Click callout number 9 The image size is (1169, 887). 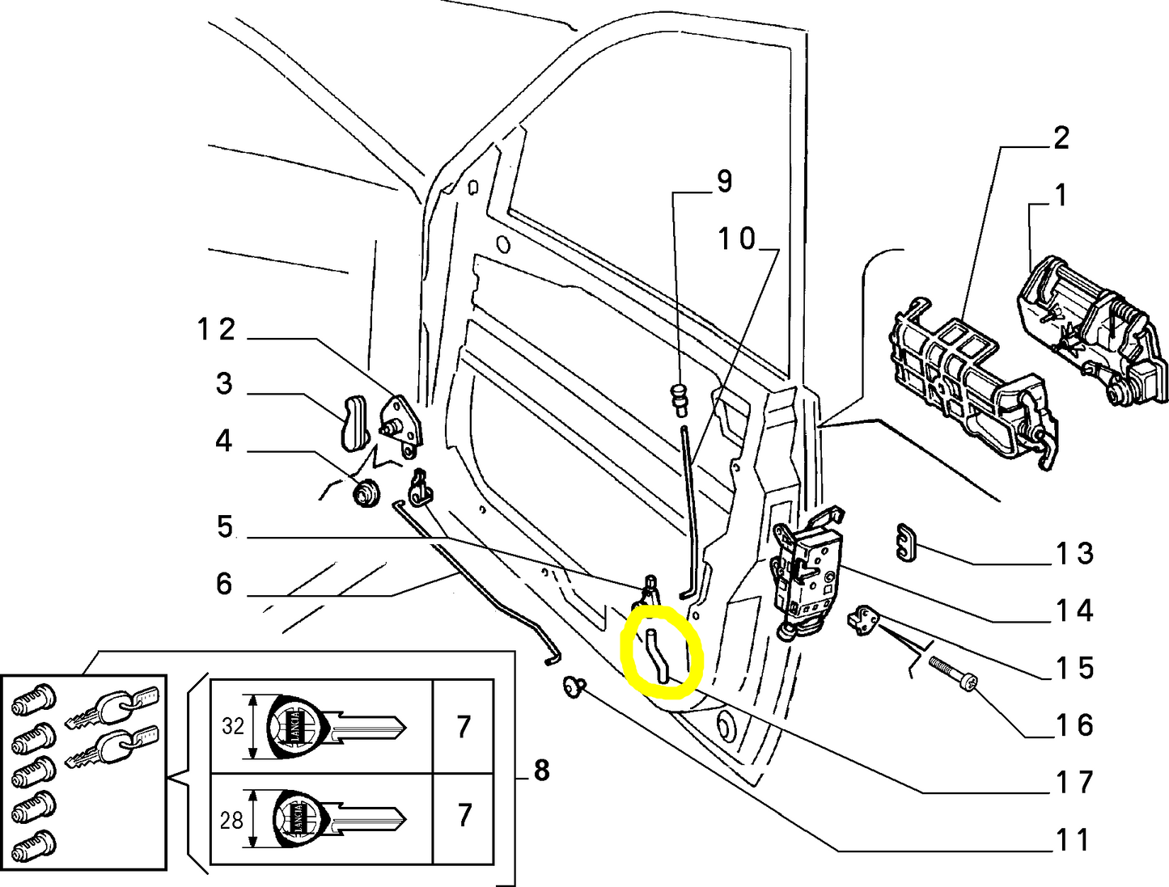click(723, 181)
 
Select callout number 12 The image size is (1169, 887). click(217, 330)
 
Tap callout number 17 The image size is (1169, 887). click(1074, 782)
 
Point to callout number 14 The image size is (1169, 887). click(1074, 610)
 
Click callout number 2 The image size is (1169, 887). click(1061, 137)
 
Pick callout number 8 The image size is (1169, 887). click(541, 771)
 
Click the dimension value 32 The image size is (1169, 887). click(233, 726)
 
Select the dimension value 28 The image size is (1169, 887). click(231, 820)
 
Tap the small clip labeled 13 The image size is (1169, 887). click(906, 541)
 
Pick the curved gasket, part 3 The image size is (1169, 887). click(352, 420)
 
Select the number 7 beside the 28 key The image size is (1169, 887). click(464, 815)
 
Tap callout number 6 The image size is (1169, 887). click(224, 584)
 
